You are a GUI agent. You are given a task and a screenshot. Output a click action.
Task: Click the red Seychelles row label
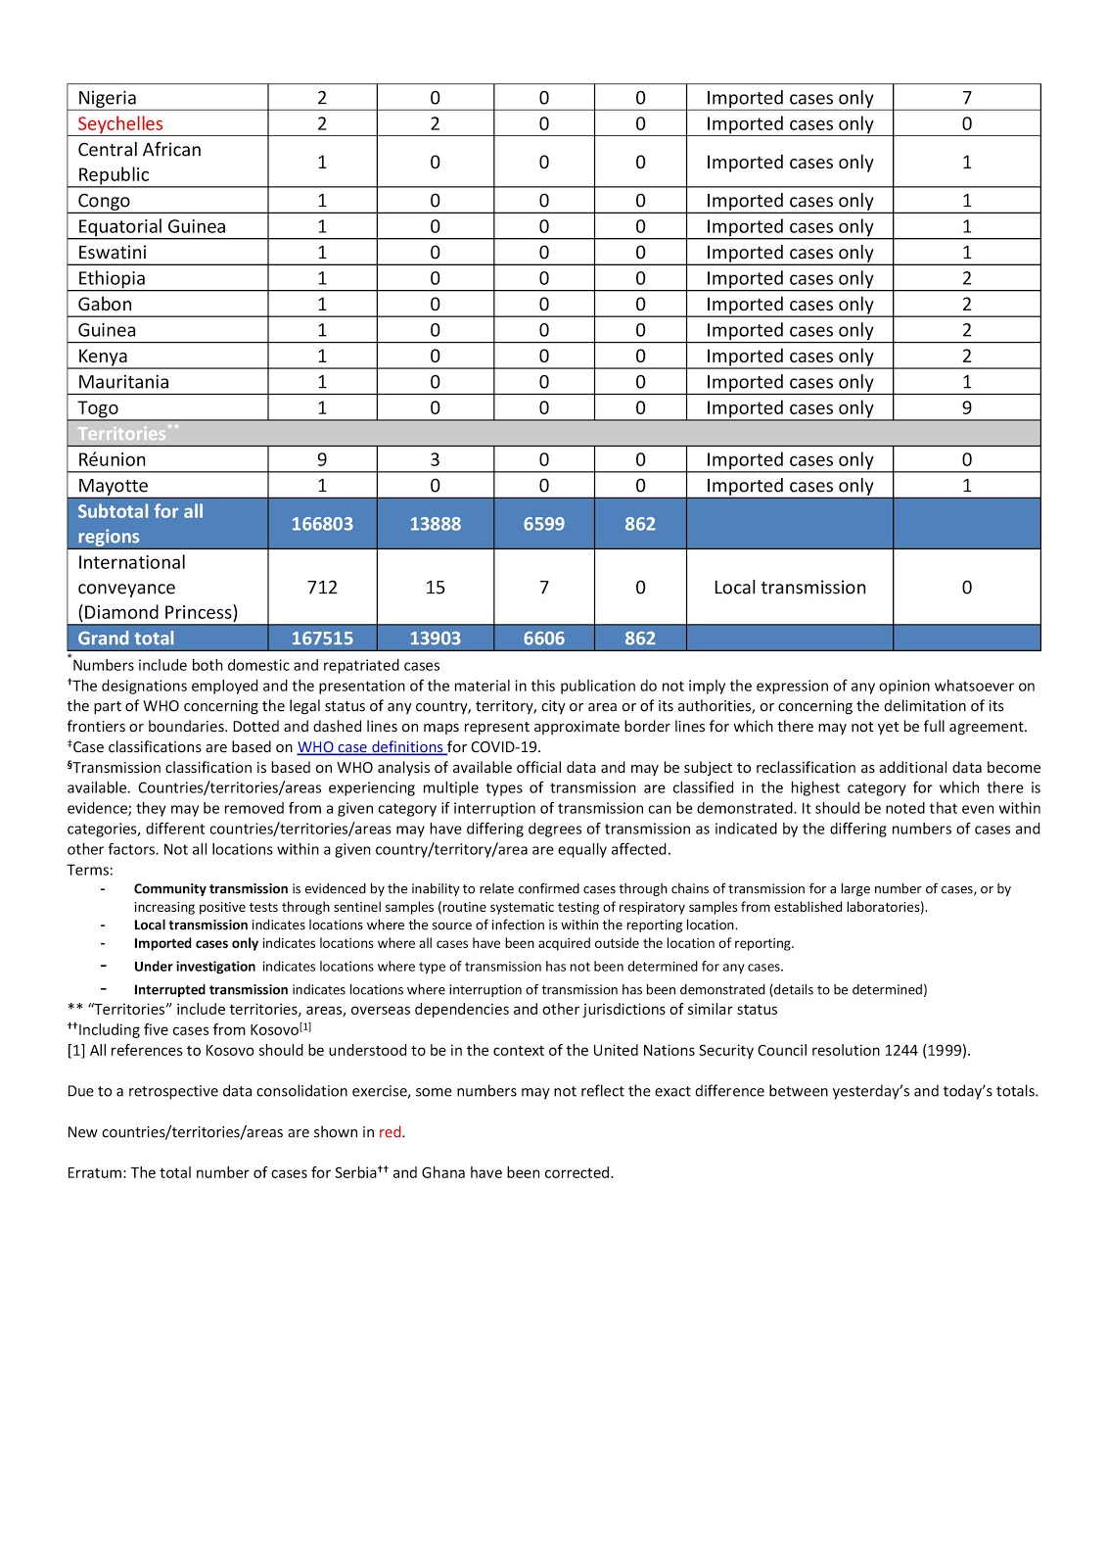click(x=120, y=123)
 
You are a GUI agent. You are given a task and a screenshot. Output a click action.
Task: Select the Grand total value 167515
click(x=322, y=638)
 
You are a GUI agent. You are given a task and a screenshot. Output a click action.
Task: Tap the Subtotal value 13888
click(x=435, y=524)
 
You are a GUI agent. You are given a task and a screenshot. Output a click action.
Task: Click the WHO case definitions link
click(x=371, y=746)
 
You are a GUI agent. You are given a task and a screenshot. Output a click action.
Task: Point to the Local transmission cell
click(x=789, y=588)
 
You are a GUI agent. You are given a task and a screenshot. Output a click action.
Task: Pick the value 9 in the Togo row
click(x=966, y=407)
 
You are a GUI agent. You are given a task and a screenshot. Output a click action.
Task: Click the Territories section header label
click(x=122, y=433)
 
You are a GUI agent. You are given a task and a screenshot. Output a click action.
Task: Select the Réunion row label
click(x=112, y=459)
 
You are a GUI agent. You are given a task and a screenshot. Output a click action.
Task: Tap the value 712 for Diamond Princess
click(x=322, y=588)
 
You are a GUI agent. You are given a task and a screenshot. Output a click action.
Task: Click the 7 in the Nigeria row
click(x=966, y=98)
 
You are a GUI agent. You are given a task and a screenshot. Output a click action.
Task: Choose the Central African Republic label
click(x=139, y=162)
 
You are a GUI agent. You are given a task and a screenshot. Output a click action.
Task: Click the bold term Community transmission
click(x=210, y=889)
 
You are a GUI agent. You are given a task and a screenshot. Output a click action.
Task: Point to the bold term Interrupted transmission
click(x=210, y=990)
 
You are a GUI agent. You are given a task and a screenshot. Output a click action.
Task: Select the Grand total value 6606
click(x=543, y=638)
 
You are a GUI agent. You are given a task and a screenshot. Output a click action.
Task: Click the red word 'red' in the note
click(x=390, y=1132)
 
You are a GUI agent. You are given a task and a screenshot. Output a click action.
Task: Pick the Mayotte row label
click(x=113, y=486)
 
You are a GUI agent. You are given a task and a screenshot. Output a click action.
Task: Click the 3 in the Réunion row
click(x=435, y=459)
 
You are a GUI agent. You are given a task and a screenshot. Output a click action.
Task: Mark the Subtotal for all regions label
click(x=140, y=524)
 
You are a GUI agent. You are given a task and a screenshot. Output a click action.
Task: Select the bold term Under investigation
click(x=194, y=967)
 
